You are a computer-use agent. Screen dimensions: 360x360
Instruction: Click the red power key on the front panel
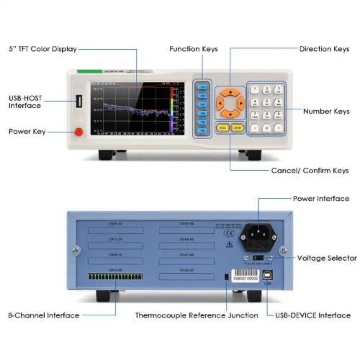point(78,131)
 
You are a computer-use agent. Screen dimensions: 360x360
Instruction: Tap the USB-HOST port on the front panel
point(78,99)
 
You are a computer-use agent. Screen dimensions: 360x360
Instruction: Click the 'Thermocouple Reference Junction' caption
point(197,315)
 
